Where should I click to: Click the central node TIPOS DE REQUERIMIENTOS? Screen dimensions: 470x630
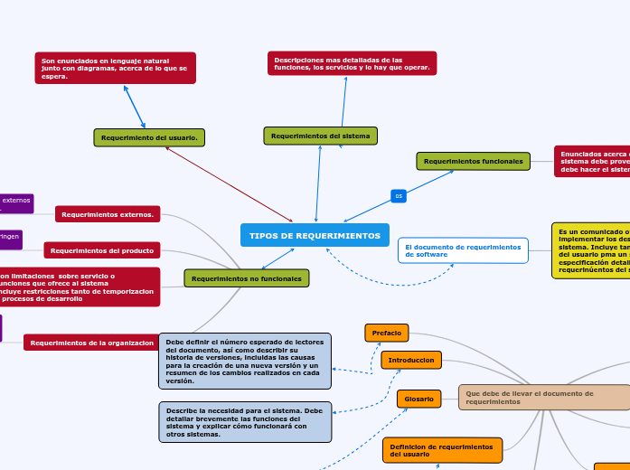click(x=315, y=235)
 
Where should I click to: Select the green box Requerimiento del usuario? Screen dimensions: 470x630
click(x=149, y=137)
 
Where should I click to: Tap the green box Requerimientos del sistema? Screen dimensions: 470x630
click(x=320, y=136)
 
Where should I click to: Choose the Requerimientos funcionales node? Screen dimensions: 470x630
click(x=473, y=161)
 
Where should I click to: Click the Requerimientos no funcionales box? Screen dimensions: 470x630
click(x=247, y=278)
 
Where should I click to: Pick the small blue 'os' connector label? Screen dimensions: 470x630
click(x=399, y=195)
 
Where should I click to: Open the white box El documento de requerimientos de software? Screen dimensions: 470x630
click(x=463, y=250)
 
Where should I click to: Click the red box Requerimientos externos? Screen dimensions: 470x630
click(x=108, y=214)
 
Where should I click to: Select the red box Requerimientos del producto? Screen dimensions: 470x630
click(x=101, y=250)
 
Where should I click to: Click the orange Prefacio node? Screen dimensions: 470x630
click(x=386, y=333)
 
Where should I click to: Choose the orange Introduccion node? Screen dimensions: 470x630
click(x=410, y=360)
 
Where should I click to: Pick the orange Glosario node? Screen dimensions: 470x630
click(x=418, y=399)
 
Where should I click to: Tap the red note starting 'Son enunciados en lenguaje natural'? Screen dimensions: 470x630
click(x=115, y=68)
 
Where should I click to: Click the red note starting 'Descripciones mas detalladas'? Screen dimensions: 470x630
click(x=352, y=63)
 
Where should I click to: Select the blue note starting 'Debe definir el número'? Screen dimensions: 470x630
click(x=244, y=361)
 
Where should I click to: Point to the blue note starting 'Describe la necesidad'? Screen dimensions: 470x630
click(x=244, y=422)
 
